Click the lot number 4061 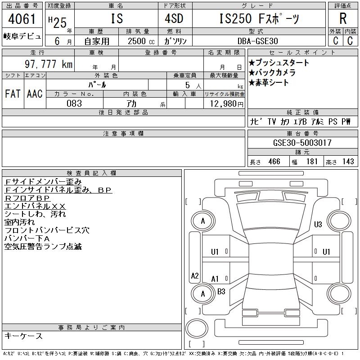(22, 19)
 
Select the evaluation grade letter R (342, 19)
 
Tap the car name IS (116, 19)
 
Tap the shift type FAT (13, 94)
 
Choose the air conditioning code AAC (35, 94)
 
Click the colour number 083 (74, 103)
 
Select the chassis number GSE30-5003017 (302, 143)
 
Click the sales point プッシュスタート (279, 63)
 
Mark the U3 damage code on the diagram (318, 224)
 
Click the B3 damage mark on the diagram (221, 292)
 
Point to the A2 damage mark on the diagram (194, 276)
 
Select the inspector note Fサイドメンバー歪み (43, 182)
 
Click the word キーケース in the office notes (23, 336)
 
